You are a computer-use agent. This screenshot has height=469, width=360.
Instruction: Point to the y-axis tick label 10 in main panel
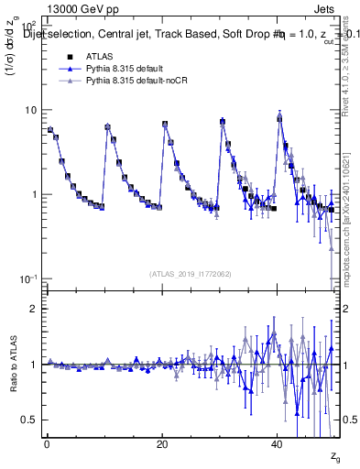pos(31,110)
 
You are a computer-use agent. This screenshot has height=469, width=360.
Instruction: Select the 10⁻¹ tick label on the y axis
pos(29,278)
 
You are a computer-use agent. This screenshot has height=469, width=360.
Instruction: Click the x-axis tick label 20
pos(162,443)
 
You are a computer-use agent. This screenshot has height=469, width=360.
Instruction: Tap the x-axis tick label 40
pos(278,443)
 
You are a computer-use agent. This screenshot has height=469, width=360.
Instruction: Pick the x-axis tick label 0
pos(47,443)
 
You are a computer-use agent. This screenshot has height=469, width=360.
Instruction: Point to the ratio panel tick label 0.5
pos(31,420)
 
